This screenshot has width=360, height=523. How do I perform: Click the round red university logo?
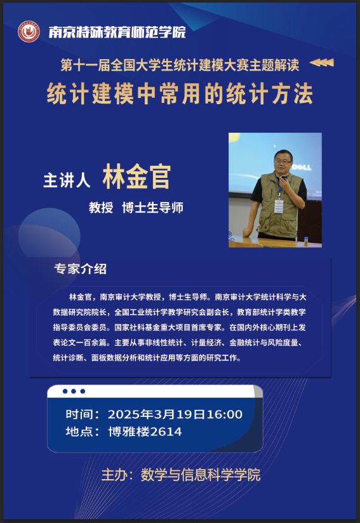click(x=29, y=32)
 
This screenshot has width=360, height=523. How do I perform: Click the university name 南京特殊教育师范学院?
click(x=117, y=32)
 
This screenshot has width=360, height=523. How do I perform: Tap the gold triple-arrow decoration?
click(x=322, y=62)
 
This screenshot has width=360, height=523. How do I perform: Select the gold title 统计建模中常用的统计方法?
click(x=180, y=93)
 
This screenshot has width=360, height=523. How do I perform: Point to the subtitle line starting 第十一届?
click(x=180, y=65)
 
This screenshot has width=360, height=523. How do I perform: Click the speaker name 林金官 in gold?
click(x=137, y=177)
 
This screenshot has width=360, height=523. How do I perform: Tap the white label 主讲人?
click(x=67, y=180)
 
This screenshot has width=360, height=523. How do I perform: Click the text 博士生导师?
click(x=152, y=207)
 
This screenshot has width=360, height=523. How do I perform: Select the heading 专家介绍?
click(x=81, y=269)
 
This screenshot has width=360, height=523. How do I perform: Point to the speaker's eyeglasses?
click(x=283, y=161)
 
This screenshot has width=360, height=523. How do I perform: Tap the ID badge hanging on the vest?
click(x=279, y=207)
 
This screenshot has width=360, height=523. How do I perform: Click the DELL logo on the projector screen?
click(x=302, y=166)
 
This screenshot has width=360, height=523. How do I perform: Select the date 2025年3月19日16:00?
click(x=175, y=414)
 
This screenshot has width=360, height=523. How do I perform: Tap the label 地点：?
click(x=83, y=431)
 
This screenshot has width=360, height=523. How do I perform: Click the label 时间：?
click(x=83, y=414)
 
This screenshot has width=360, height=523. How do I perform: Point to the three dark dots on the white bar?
click(x=74, y=391)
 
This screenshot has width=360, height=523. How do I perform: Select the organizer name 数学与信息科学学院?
click(x=201, y=475)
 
